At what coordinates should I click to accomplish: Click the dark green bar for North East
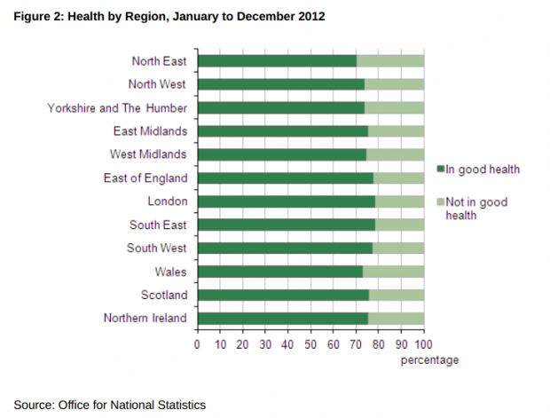pyautogui.click(x=276, y=61)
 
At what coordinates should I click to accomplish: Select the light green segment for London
pyautogui.click(x=399, y=201)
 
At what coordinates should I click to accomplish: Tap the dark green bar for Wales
pyautogui.click(x=279, y=272)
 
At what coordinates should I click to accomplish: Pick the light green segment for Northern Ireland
pyautogui.click(x=396, y=319)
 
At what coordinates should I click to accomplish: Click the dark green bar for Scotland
pyautogui.click(x=282, y=295)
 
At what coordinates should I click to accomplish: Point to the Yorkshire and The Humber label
pyautogui.click(x=117, y=108)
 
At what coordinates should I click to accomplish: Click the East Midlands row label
pyautogui.click(x=151, y=131)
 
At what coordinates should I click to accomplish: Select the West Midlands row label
pyautogui.click(x=150, y=154)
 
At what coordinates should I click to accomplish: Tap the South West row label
pyautogui.click(x=158, y=248)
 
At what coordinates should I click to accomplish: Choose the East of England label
pyautogui.click(x=145, y=178)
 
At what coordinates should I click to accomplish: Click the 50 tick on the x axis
pyautogui.click(x=310, y=343)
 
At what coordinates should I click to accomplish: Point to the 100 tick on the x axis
pyautogui.click(x=423, y=343)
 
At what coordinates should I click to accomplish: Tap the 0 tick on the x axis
pyautogui.click(x=197, y=343)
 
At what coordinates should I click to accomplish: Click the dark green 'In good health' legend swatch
pyautogui.click(x=439, y=170)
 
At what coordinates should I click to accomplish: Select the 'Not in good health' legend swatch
pyautogui.click(x=439, y=202)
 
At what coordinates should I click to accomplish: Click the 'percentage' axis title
pyautogui.click(x=429, y=360)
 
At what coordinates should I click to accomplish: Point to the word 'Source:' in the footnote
pyautogui.click(x=33, y=405)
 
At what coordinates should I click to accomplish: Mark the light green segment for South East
pyautogui.click(x=399, y=225)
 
